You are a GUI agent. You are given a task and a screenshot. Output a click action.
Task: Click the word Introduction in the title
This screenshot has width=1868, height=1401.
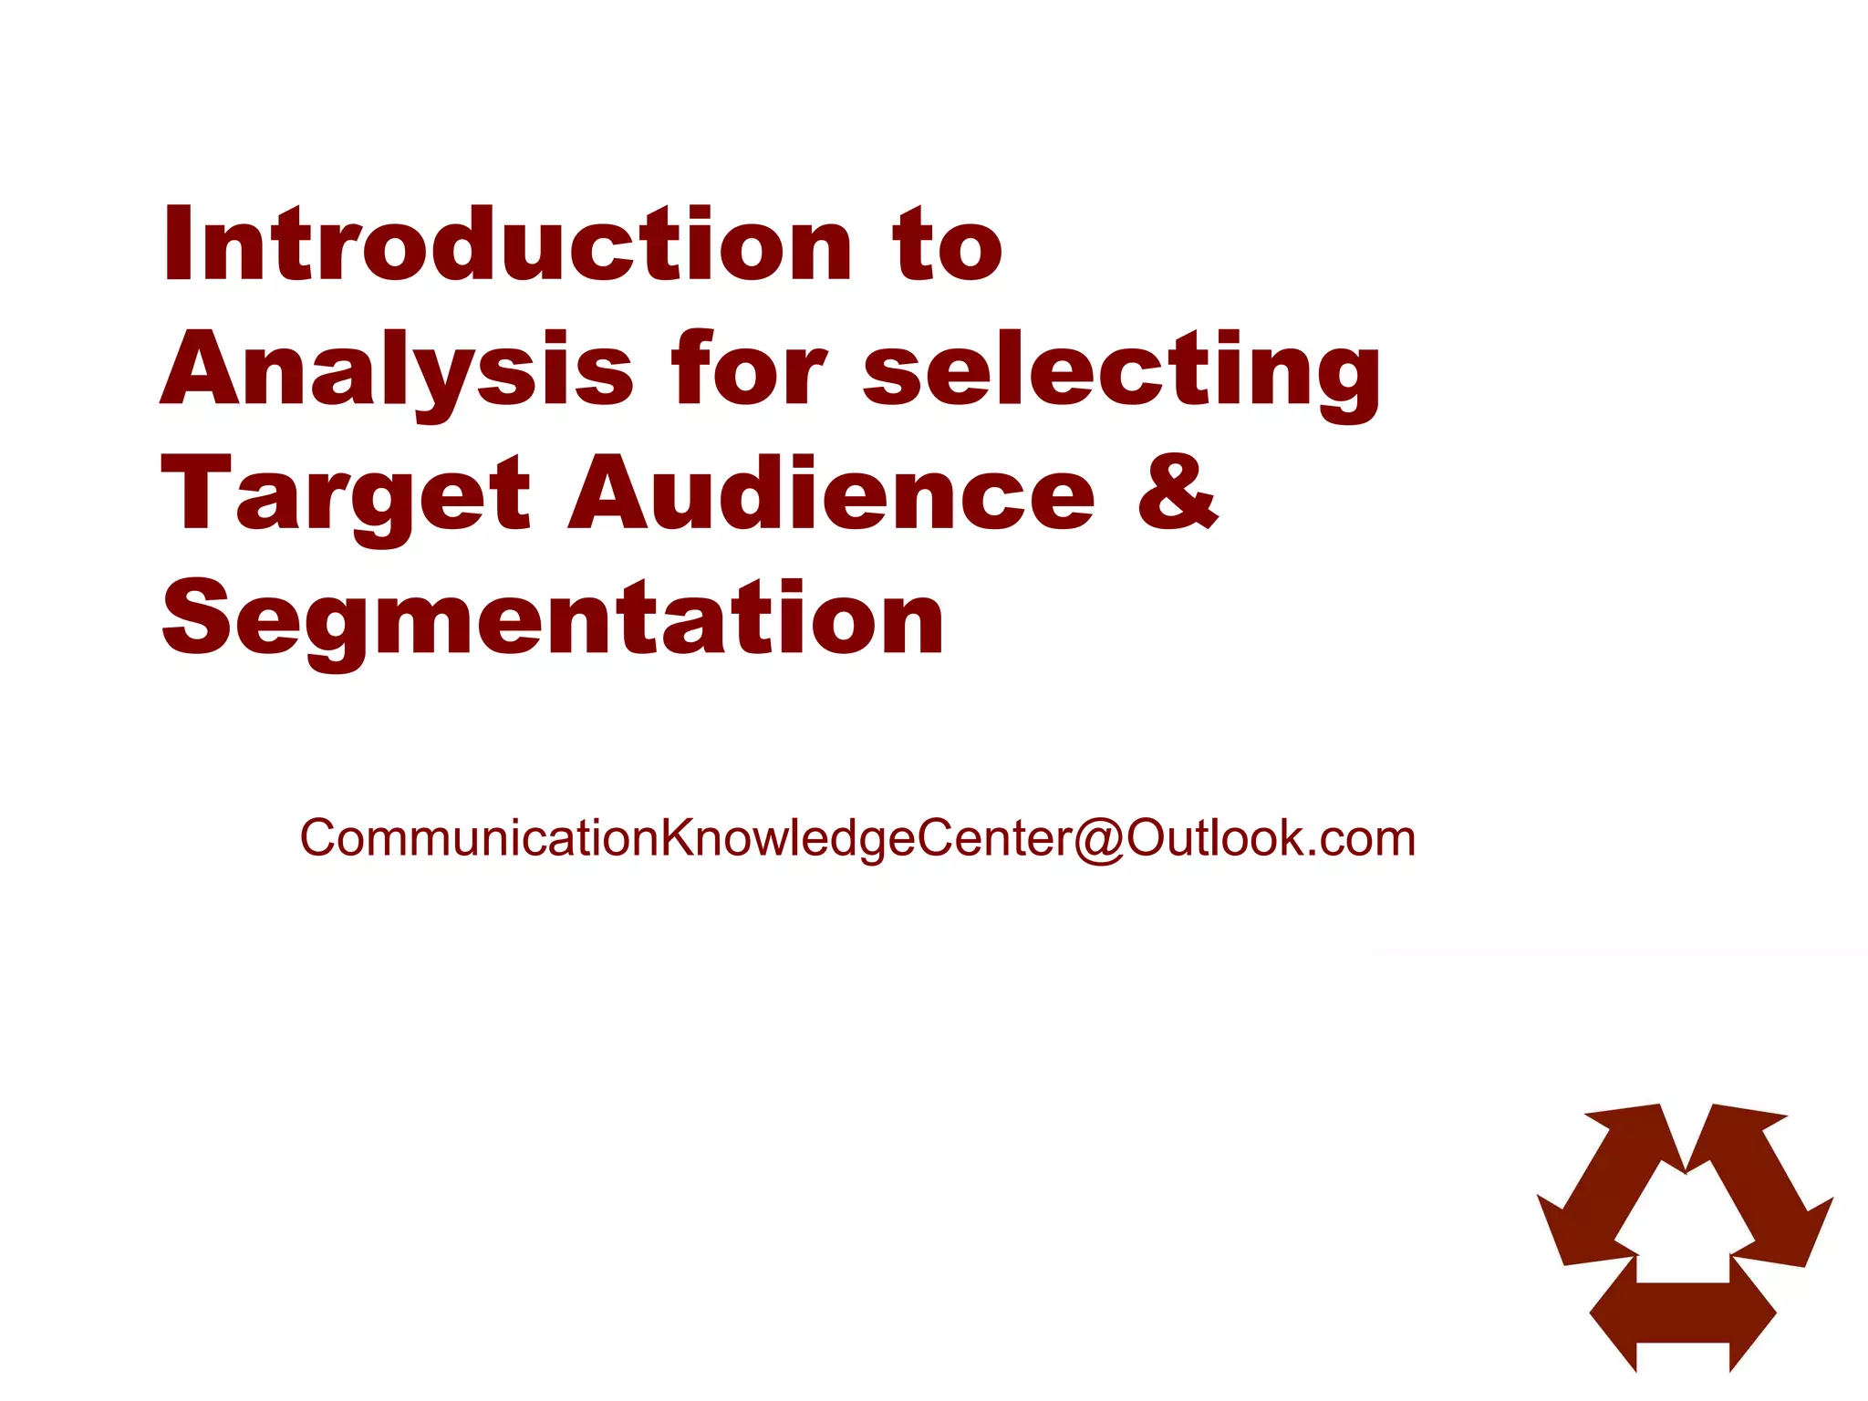point(506,244)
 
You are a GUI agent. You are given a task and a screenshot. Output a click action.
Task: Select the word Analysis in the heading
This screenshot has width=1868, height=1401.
point(397,369)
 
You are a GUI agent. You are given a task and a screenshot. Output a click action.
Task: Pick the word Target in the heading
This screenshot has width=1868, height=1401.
point(345,494)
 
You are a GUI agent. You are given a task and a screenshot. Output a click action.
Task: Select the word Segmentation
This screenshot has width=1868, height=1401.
point(553,620)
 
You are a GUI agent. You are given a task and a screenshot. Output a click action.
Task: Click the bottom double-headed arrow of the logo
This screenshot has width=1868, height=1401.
point(1683,1313)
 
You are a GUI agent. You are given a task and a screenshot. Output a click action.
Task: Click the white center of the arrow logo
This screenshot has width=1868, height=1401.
point(1684,1227)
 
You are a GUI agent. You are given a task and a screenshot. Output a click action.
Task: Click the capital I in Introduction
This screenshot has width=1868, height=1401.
point(176,244)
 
